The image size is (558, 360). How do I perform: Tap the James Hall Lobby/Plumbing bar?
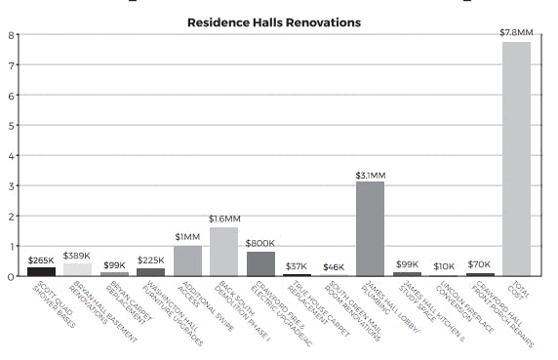(x=370, y=228)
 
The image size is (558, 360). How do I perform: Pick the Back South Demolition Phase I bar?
(x=223, y=251)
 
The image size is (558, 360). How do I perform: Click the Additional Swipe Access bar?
(x=187, y=260)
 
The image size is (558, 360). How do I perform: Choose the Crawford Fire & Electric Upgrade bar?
(x=260, y=263)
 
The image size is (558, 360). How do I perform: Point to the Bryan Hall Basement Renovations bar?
(x=77, y=269)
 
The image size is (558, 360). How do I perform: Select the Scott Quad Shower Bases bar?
(x=41, y=271)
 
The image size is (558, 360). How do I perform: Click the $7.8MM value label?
(x=516, y=33)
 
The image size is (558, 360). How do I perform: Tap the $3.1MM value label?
(x=370, y=175)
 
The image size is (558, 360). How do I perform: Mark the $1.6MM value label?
(x=224, y=220)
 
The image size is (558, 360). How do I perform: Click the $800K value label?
(x=260, y=244)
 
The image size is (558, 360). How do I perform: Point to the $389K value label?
(x=77, y=256)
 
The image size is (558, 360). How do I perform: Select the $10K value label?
(x=443, y=265)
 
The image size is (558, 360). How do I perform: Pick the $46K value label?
(x=334, y=266)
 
